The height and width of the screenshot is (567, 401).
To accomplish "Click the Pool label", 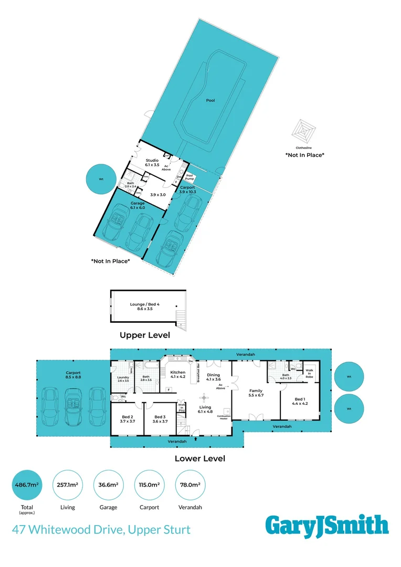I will pos(210,100).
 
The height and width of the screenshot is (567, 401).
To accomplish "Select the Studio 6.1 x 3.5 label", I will pos(152,162).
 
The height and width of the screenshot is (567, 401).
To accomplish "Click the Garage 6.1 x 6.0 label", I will pos(138,205).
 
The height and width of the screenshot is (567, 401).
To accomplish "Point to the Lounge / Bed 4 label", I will pos(144,307).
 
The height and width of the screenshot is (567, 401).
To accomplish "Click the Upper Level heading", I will pos(144,335).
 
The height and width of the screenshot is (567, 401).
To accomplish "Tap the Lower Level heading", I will pos(199,458).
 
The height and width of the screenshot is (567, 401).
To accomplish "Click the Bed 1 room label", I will pos(300,401).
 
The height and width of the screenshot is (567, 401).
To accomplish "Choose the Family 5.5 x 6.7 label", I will pos(256,393).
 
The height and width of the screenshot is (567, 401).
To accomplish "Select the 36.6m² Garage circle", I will pos(109,486).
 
